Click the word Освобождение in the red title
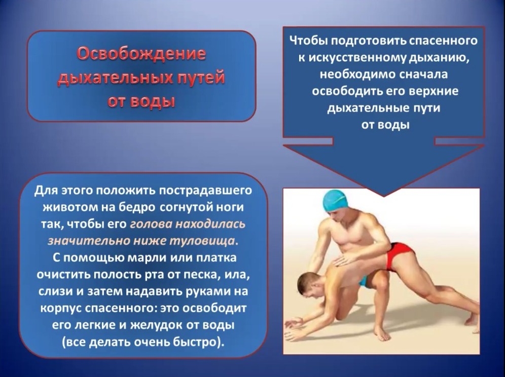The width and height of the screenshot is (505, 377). pos(141,53)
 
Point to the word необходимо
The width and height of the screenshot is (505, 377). pos(357,74)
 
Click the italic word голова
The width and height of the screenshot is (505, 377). pos(151,224)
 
